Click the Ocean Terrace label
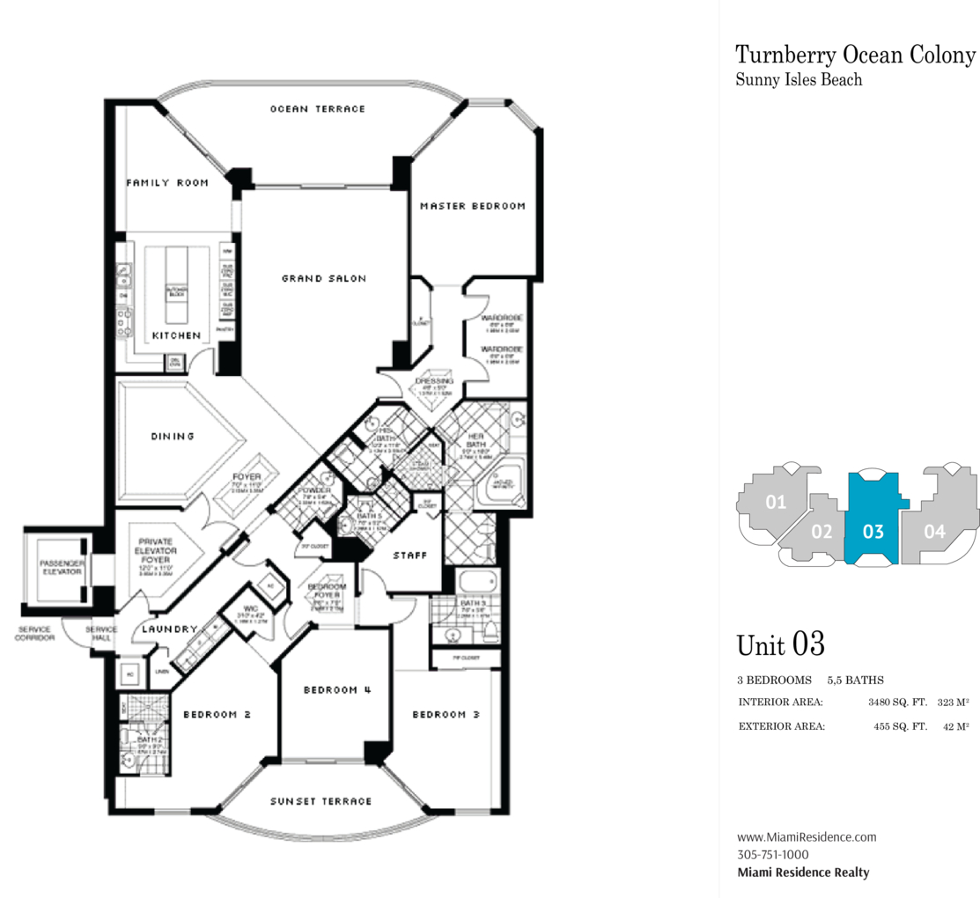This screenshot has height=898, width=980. [317, 109]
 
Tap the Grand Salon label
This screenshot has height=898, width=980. [324, 278]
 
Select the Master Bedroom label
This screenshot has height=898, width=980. [472, 206]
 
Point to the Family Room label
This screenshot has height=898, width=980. [167, 183]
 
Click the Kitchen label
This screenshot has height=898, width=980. [176, 335]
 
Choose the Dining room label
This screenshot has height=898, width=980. [173, 436]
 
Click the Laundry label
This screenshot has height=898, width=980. [169, 629]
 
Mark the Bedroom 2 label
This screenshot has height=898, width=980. [217, 715]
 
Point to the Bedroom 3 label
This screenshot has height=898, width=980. [446, 714]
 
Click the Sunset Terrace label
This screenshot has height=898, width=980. [321, 801]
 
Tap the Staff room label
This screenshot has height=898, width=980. [410, 556]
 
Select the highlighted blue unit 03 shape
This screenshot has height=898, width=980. [872, 519]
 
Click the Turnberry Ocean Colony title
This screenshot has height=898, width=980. [855, 55]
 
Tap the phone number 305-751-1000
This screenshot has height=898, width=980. [772, 855]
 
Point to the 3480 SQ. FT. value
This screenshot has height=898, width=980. [897, 703]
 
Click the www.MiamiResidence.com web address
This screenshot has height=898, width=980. [807, 837]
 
